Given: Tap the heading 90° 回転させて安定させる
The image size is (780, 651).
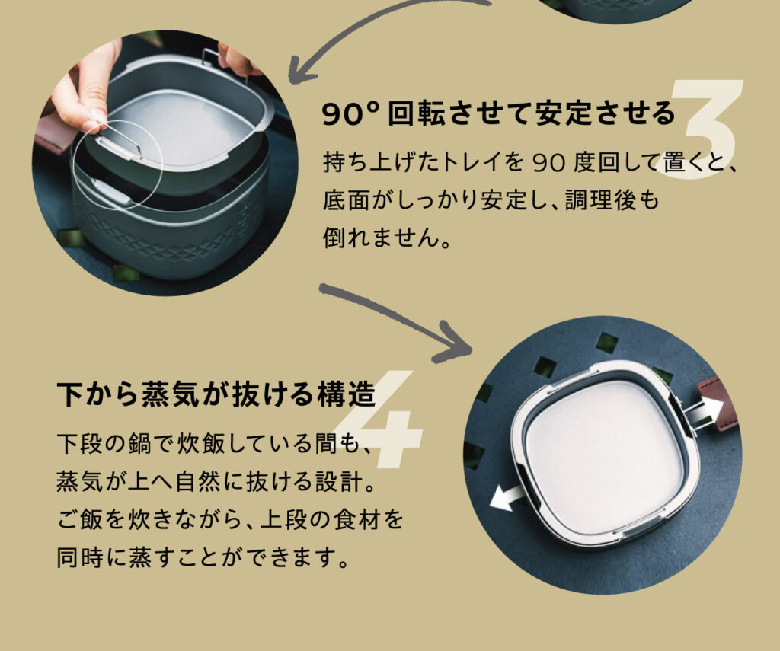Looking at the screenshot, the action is pyautogui.click(x=498, y=113).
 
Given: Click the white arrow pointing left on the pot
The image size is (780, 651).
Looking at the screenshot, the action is pyautogui.click(x=507, y=497).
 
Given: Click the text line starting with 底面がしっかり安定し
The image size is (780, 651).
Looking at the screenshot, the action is pyautogui.click(x=491, y=200).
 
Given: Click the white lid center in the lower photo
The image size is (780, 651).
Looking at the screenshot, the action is pyautogui.click(x=602, y=455).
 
